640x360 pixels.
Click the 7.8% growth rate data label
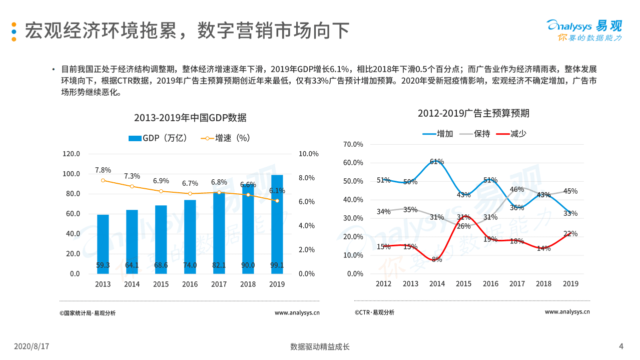click(103, 170)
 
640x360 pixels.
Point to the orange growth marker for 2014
click(132, 186)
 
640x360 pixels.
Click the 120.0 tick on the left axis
click(71, 154)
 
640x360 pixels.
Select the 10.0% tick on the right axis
click(308, 154)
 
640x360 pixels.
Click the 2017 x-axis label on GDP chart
click(219, 284)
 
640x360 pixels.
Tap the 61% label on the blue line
click(437, 162)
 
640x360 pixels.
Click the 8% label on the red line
click(437, 259)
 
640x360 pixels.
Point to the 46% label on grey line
click(516, 189)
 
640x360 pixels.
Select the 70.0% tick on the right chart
click(353, 144)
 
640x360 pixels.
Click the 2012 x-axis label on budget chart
click(384, 284)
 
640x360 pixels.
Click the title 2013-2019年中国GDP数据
click(190, 118)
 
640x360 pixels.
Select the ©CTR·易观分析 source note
click(374, 312)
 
